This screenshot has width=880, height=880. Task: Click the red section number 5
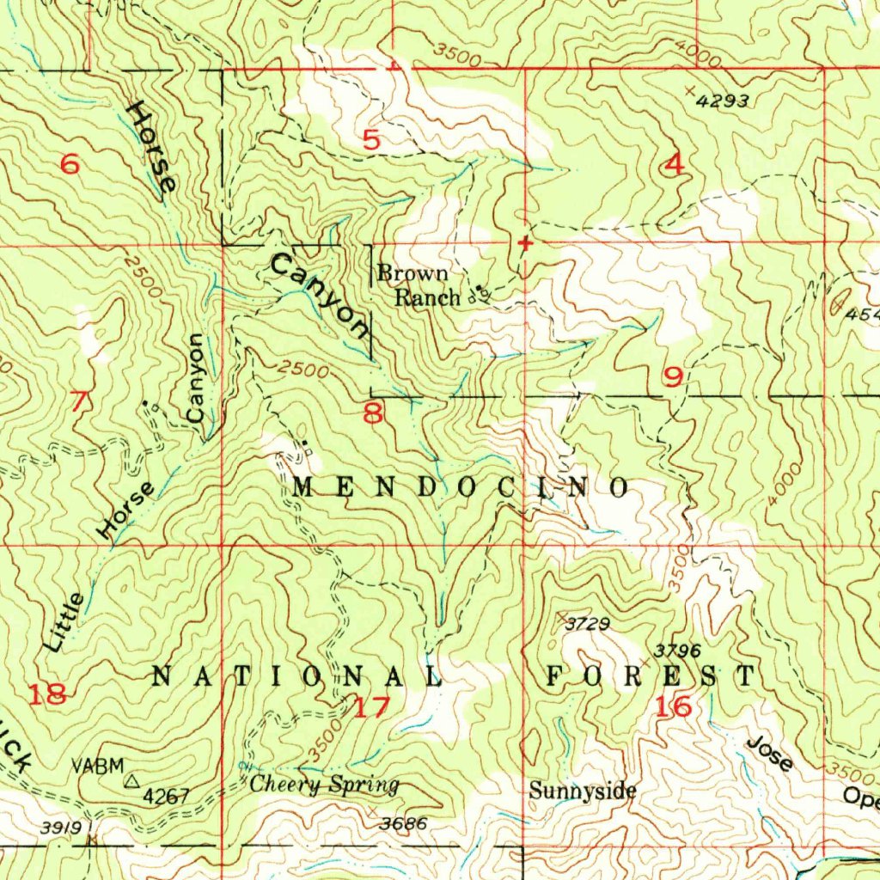371,139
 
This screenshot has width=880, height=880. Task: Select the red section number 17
371,708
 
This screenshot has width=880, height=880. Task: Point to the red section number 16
672,707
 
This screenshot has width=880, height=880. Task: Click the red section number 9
673,376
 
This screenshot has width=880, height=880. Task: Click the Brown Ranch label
415,286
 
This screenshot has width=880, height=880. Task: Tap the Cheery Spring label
324,785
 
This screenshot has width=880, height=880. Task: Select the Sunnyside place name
582,791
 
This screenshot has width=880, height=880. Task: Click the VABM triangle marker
132,781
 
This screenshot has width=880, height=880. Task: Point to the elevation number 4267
166,796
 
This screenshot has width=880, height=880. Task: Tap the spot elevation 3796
678,651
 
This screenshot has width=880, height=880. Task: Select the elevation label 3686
404,822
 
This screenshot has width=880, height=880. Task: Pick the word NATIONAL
296,676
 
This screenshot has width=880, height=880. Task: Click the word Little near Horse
65,621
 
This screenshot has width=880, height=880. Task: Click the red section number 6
70,163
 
